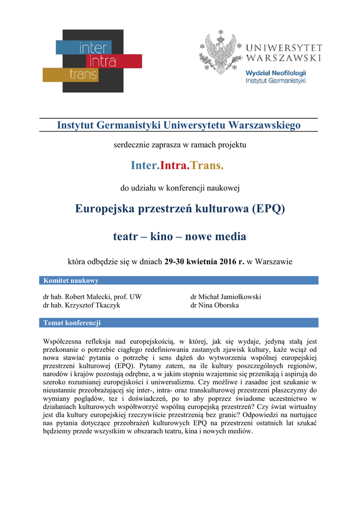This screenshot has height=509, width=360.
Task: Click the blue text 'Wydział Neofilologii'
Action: [275, 73]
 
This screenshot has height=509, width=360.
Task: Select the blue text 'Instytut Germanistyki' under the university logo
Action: [275, 81]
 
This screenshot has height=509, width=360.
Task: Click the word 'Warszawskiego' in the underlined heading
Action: [264, 125]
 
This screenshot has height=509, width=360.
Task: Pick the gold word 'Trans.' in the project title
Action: [207, 165]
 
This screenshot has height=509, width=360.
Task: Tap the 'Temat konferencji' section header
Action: [72, 323]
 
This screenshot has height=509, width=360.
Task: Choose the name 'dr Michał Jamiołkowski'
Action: [226, 297]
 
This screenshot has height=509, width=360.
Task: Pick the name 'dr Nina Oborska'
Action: [214, 305]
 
